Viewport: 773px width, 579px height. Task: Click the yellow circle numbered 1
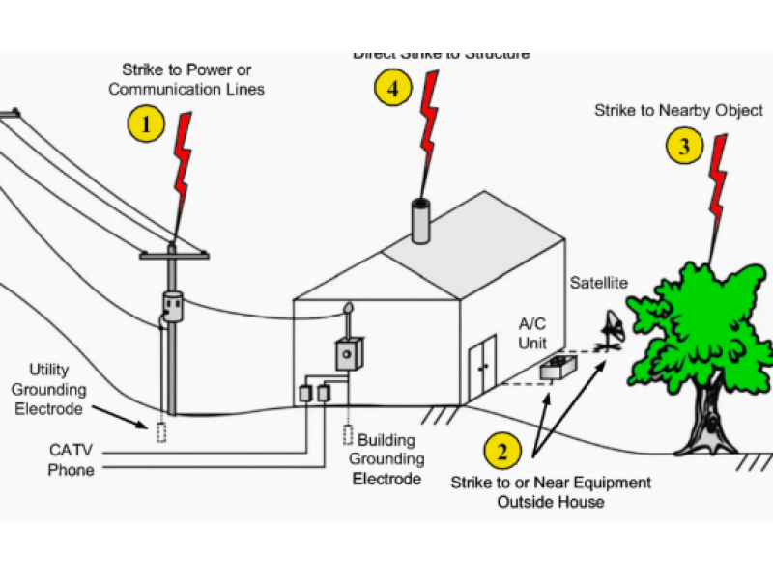[x=146, y=124]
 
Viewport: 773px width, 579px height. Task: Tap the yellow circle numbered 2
[x=501, y=451]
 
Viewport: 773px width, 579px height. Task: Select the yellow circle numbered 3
[x=684, y=146]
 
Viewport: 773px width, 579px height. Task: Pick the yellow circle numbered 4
[x=391, y=89]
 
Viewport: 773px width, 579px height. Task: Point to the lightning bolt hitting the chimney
[x=426, y=125]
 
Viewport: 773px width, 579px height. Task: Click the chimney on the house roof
[x=422, y=223]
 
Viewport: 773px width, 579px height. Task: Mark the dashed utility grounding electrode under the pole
[x=160, y=431]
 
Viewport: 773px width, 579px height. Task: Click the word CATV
[x=72, y=450]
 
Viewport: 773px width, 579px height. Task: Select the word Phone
[x=72, y=470]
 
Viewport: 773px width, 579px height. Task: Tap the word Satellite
[x=598, y=283]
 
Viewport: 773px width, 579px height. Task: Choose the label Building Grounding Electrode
[x=386, y=459]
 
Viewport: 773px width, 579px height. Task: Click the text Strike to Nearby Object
[x=678, y=111]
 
